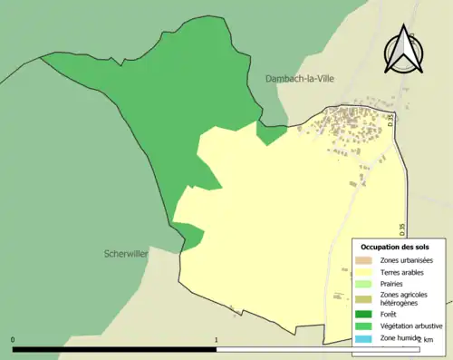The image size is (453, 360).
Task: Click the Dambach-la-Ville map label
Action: coord(301,79)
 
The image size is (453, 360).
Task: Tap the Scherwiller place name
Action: coord(126,255)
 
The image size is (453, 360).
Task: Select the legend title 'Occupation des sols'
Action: coord(395,247)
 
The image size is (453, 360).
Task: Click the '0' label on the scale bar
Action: coord(13,340)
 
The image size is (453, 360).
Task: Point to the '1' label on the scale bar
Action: coord(216,340)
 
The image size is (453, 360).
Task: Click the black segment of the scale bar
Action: coord(114,349)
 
